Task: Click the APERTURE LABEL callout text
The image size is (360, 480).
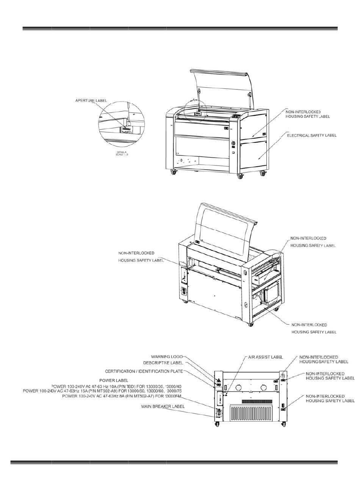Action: click(91, 101)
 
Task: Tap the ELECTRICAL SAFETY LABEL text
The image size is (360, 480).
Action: click(311, 135)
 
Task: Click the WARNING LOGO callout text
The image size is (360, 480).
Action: click(167, 356)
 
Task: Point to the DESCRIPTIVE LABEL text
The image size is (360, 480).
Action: click(165, 363)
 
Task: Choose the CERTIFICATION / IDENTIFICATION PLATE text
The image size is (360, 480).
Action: click(144, 371)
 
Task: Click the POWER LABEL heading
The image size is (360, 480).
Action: click(114, 380)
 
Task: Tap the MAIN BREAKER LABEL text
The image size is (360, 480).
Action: click(163, 407)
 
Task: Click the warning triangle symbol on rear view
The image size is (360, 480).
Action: click(219, 380)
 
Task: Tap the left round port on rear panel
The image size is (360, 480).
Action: click(239, 388)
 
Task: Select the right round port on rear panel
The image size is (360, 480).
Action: click(264, 388)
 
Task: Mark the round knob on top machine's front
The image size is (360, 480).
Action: click(233, 144)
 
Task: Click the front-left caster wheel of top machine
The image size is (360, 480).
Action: click(174, 172)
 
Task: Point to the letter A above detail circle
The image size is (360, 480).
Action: click(194, 100)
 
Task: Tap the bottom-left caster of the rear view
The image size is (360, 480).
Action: click(217, 425)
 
